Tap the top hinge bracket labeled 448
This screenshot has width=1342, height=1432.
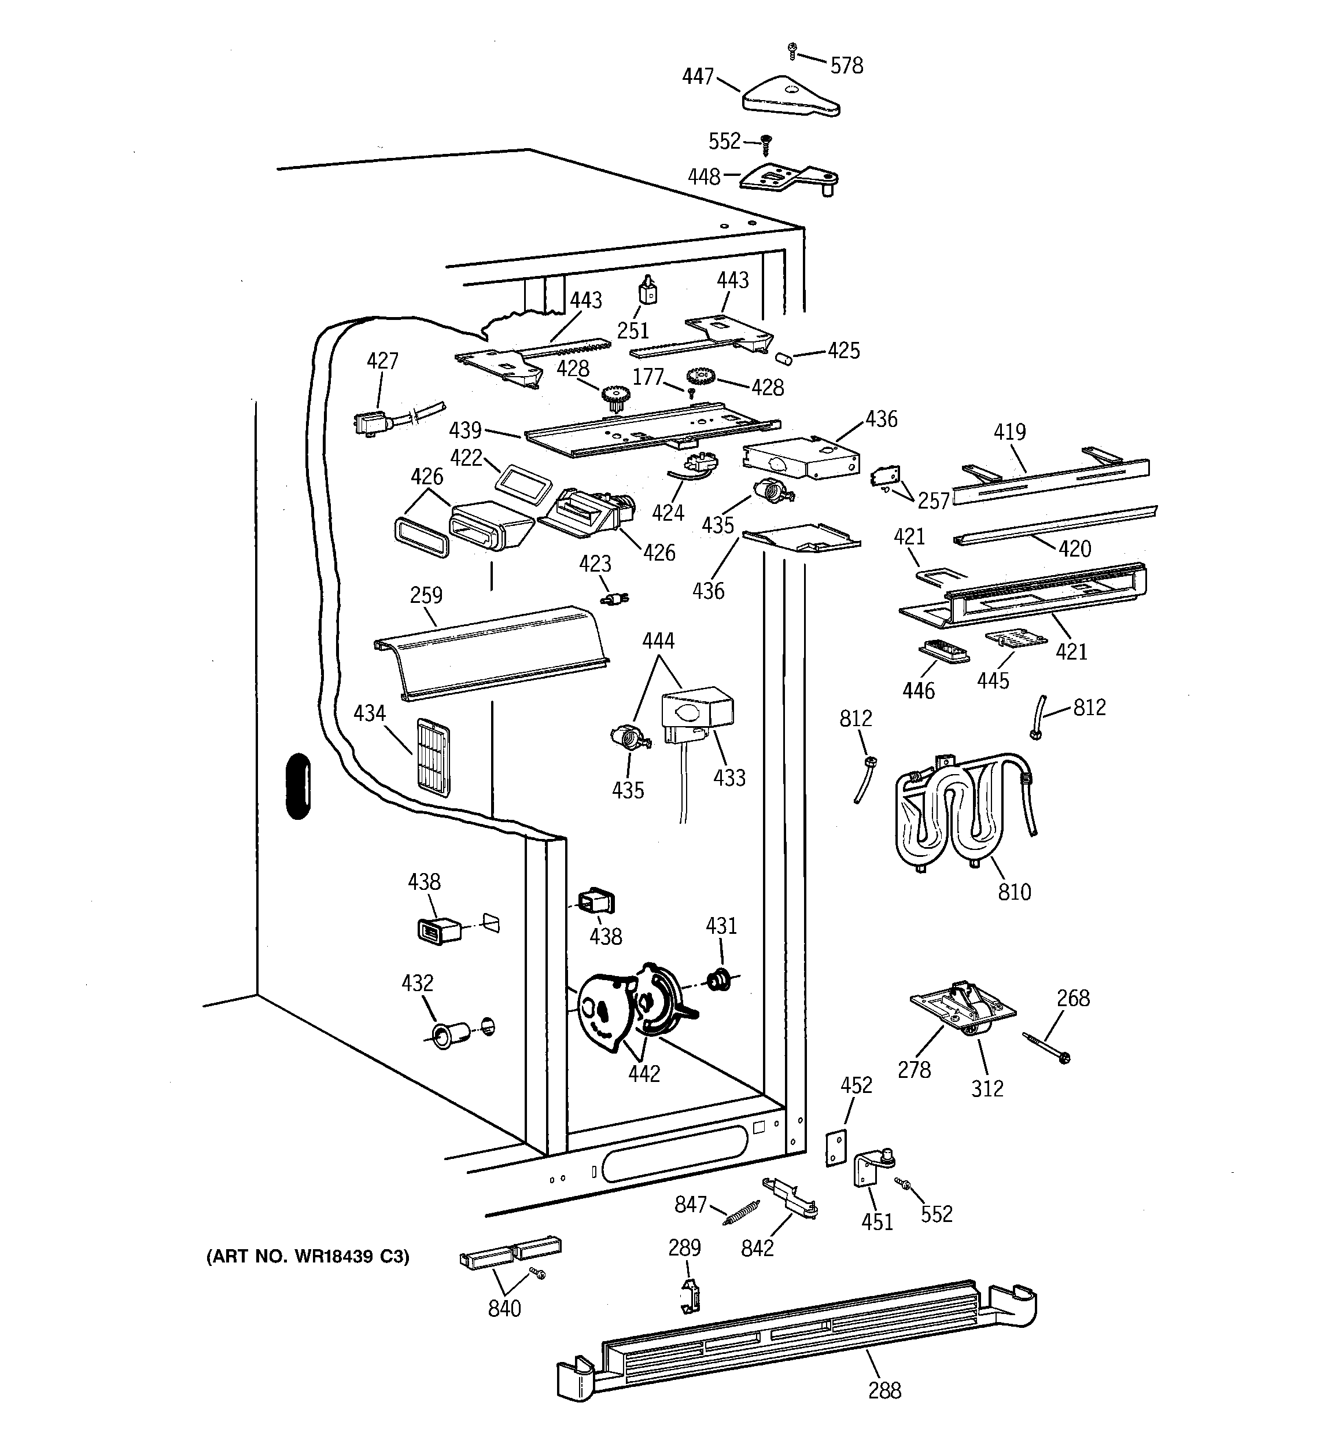tap(789, 177)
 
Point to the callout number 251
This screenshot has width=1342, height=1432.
tap(633, 330)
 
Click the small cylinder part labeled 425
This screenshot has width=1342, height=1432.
tap(783, 358)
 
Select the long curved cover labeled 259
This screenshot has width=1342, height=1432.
tap(490, 652)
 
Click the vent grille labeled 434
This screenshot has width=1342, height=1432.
tap(433, 756)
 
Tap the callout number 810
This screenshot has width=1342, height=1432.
tap(1014, 892)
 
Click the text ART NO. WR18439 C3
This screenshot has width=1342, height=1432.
tap(308, 1257)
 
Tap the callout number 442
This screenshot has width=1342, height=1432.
tap(643, 1073)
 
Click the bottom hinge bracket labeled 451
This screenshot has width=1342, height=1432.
tap(871, 1170)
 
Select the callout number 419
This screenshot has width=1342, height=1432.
tap(1009, 432)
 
